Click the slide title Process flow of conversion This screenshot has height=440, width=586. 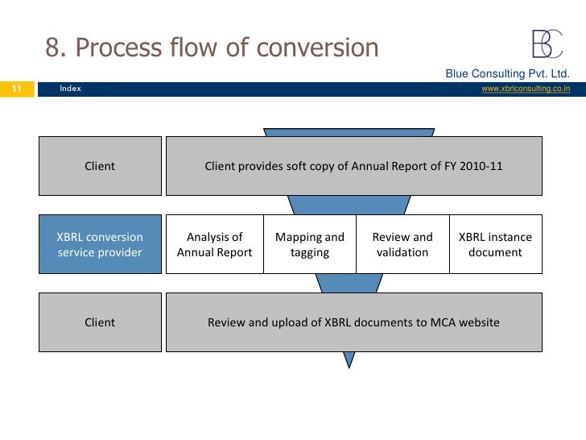[x=211, y=48]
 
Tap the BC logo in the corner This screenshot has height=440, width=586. [x=547, y=44]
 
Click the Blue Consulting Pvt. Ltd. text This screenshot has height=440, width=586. [x=508, y=74]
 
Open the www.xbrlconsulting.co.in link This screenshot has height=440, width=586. [x=525, y=89]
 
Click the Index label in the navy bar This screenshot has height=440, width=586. [x=70, y=89]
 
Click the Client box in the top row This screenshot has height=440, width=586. [x=100, y=166]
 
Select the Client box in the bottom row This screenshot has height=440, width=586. [x=100, y=322]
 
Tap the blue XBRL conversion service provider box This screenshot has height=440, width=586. [x=100, y=245]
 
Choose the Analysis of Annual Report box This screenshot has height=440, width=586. [x=214, y=245]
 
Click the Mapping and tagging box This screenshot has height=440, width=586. [x=310, y=245]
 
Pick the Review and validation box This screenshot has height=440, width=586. [x=402, y=245]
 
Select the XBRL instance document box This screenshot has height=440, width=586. [x=495, y=245]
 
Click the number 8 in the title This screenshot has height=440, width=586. [x=53, y=48]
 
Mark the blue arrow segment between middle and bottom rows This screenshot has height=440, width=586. [x=349, y=283]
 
